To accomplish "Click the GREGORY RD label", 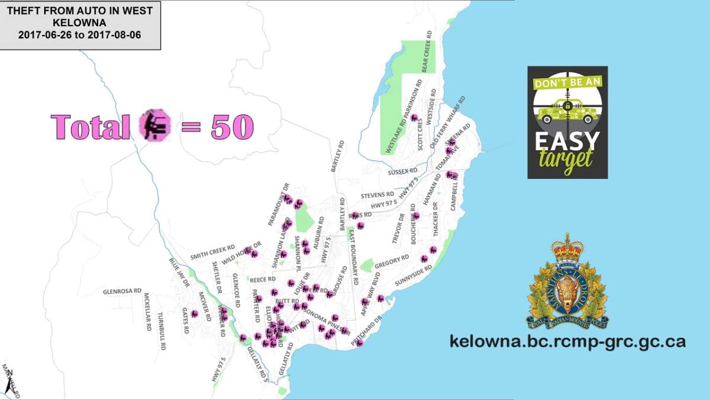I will click(392, 261).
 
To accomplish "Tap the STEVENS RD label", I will click(377, 194).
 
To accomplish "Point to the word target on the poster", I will click(566, 159).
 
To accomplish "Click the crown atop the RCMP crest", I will click(567, 248).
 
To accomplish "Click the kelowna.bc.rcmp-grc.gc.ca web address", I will click(567, 342).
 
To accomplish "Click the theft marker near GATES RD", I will click(194, 313).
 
